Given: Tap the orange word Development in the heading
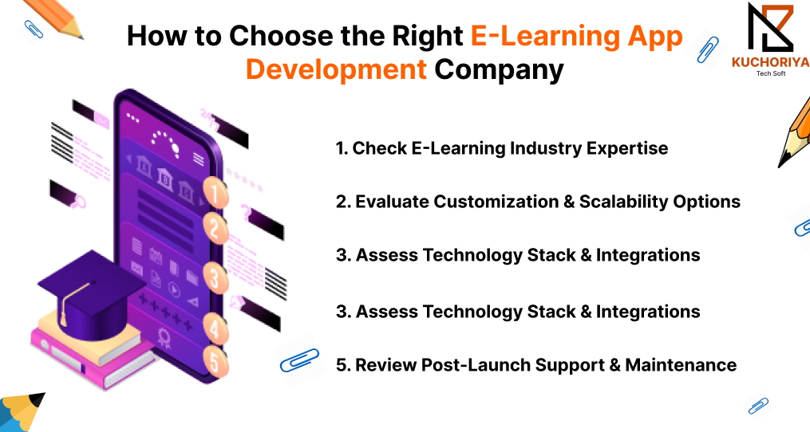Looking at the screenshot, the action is pyautogui.click(x=336, y=69).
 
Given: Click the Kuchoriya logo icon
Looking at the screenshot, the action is pyautogui.click(x=770, y=28).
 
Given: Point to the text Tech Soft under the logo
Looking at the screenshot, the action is pyautogui.click(x=771, y=74).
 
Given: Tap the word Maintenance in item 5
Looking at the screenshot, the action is pyautogui.click(x=681, y=365).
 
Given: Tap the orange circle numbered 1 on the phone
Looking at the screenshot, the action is pyautogui.click(x=215, y=193).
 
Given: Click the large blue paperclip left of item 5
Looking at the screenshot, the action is pyautogui.click(x=299, y=359).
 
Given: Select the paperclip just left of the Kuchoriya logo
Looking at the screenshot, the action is pyautogui.click(x=707, y=49).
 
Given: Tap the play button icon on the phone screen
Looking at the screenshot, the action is pyautogui.click(x=175, y=291).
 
